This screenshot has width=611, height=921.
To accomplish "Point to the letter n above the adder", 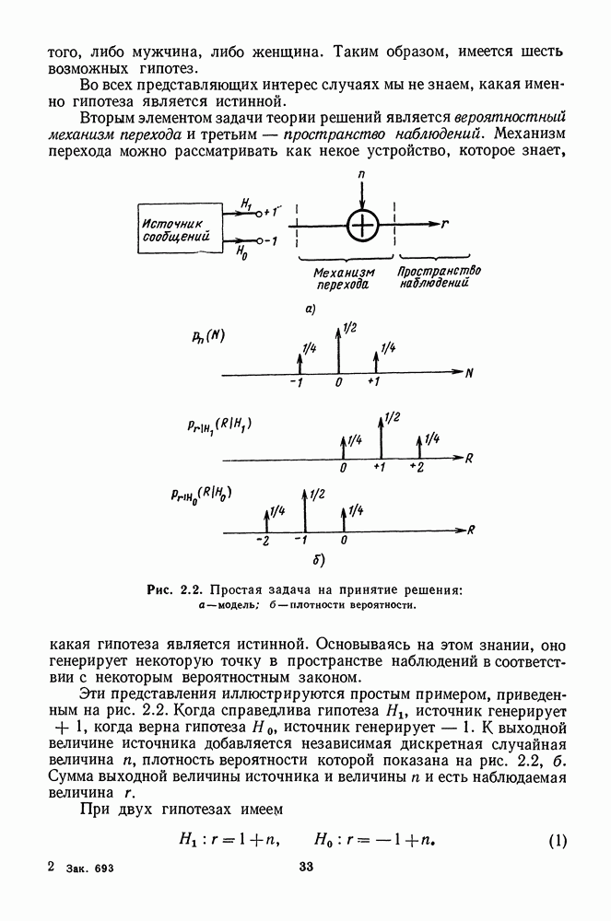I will coord(364,173).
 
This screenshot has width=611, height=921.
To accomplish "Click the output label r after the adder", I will coord(444,225).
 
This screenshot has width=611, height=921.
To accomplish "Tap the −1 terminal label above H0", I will coord(269,241).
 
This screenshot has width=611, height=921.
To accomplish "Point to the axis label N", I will coord(469,374).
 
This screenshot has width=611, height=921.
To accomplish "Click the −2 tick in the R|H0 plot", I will coord(264,541).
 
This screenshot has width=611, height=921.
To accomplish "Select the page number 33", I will coord(307,867).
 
